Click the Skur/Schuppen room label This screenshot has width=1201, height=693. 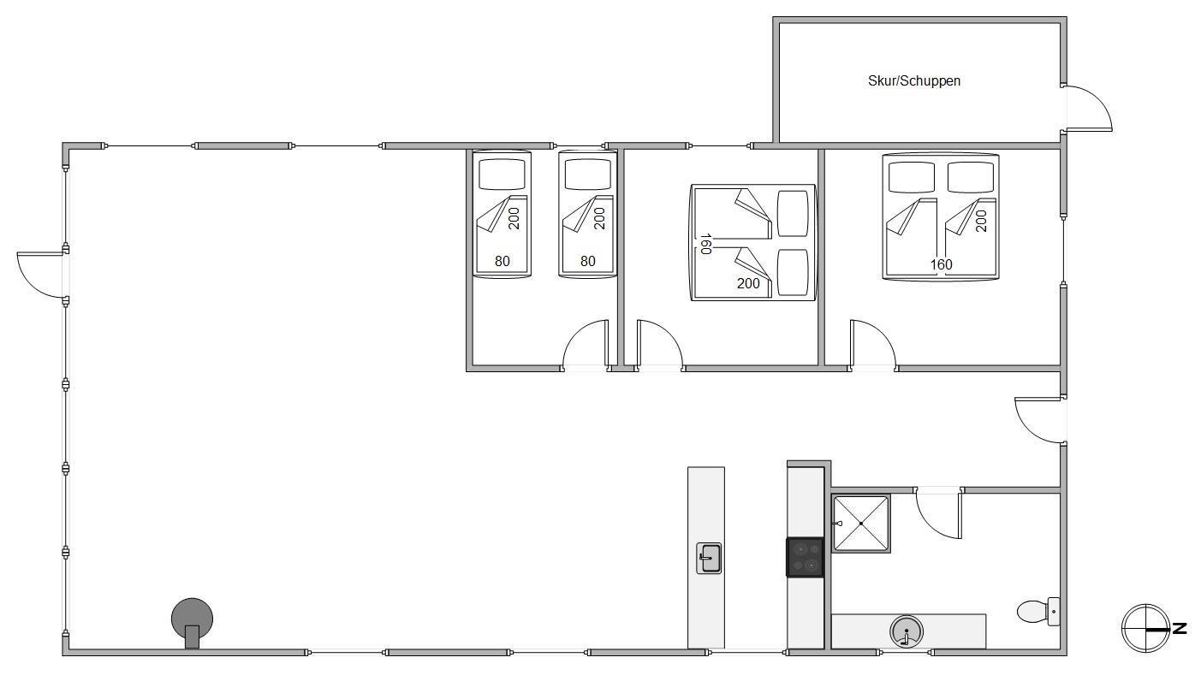coord(913,81)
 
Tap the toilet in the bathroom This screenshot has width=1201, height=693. coord(1038,612)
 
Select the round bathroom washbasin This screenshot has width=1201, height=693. coord(907,631)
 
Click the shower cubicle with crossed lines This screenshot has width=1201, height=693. coord(861,524)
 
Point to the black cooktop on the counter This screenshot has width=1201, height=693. coord(806,558)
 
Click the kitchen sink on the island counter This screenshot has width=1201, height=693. coord(709,558)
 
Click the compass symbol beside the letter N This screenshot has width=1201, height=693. coord(1145,628)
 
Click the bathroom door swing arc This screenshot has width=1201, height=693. coord(938,513)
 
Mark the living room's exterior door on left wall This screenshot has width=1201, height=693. coord(41,275)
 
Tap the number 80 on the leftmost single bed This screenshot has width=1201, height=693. coord(502,262)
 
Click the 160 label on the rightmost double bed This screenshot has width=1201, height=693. coord(941,264)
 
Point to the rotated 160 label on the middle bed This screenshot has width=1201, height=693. coord(705,244)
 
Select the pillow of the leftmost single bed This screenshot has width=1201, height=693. coord(502,175)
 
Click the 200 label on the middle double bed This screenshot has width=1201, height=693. coord(748,283)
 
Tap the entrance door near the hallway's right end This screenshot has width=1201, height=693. coord(1039,421)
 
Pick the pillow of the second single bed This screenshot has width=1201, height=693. coord(587,175)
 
